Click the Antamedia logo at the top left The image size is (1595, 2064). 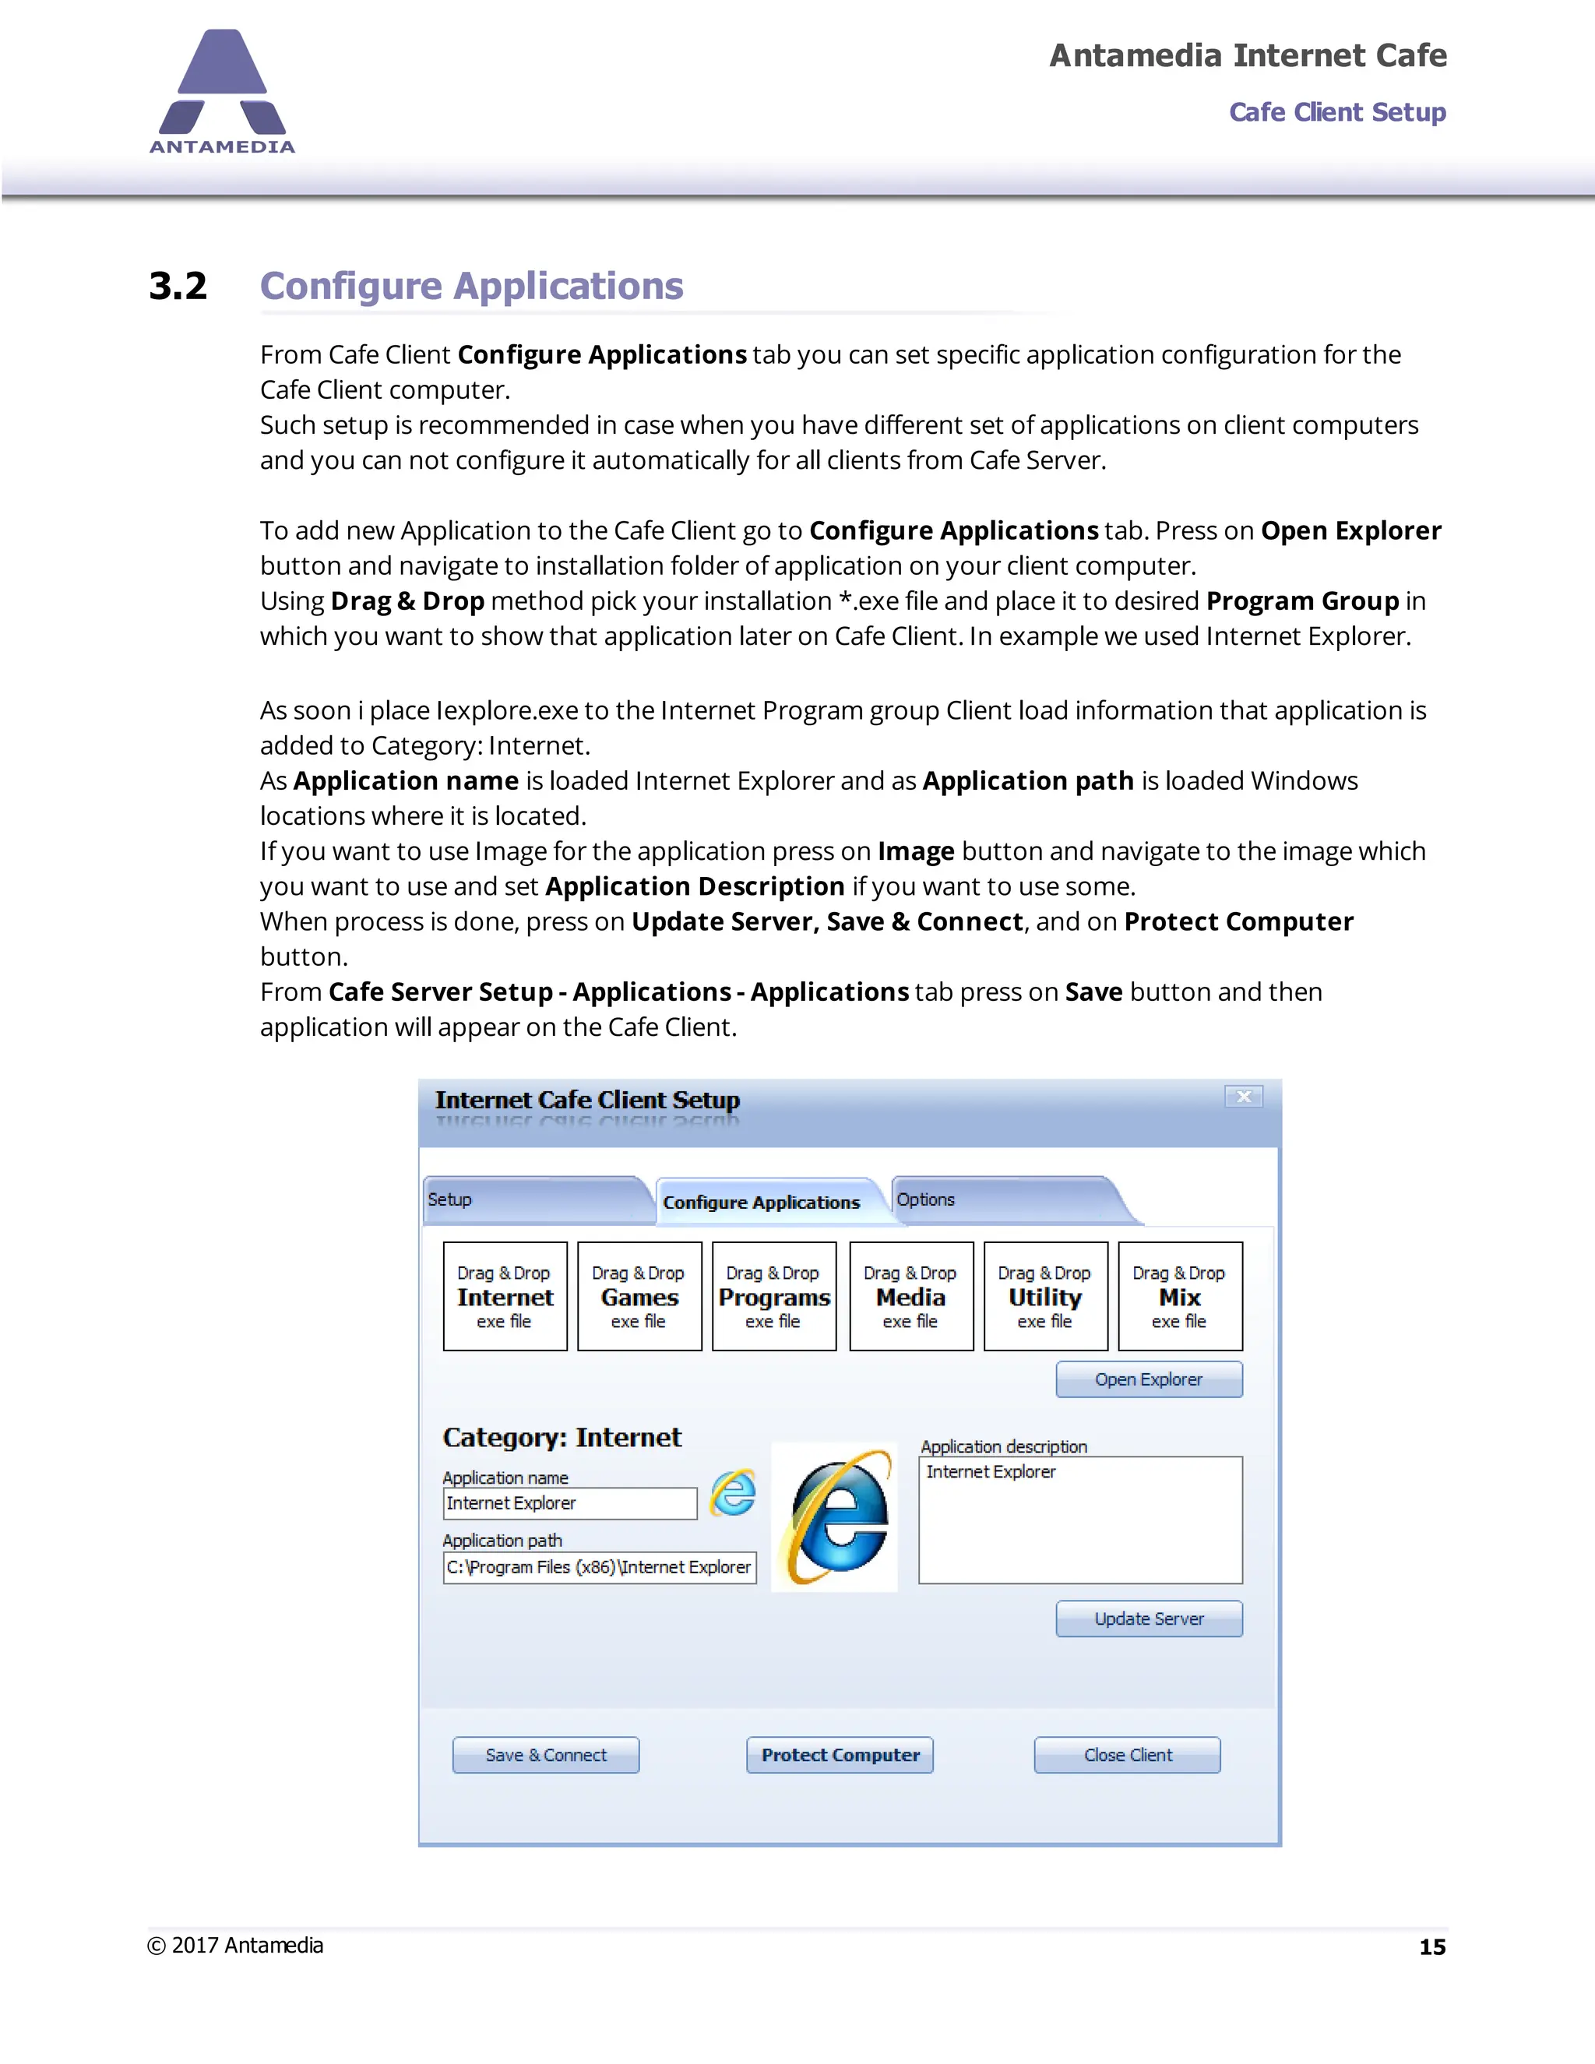(222, 92)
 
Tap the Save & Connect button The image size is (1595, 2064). (545, 1755)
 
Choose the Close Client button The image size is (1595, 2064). (1126, 1755)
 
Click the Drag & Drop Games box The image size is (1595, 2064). (639, 1296)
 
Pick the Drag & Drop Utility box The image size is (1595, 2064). (1045, 1296)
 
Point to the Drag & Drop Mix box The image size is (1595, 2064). (1179, 1296)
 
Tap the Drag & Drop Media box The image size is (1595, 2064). (911, 1296)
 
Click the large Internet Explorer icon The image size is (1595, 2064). (836, 1516)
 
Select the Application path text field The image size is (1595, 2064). (599, 1567)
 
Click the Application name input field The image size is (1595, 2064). (570, 1503)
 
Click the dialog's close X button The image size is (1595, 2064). (1244, 1097)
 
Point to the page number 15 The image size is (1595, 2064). (1431, 1947)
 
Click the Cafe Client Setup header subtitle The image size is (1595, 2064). (1336, 112)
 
